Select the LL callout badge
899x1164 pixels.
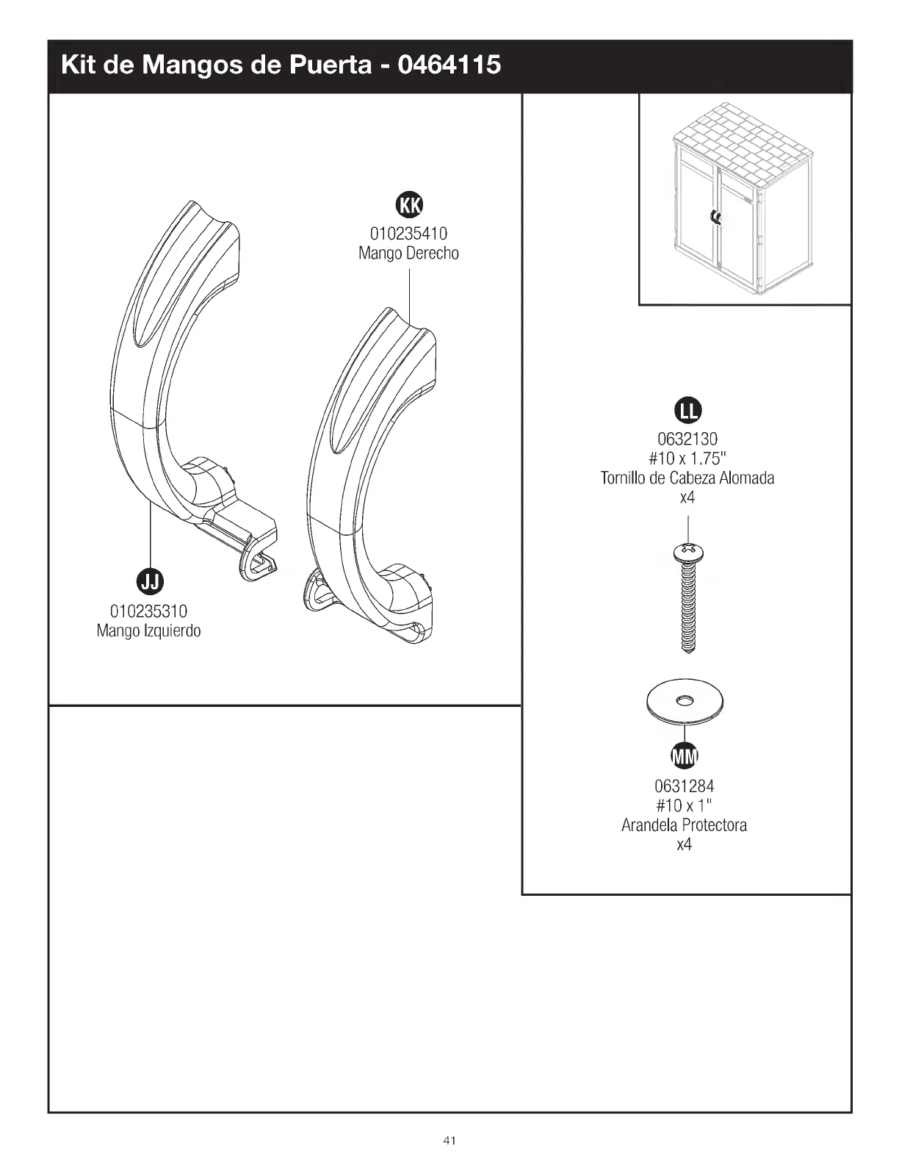click(687, 411)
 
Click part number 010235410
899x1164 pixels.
click(408, 234)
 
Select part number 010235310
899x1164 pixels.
click(149, 611)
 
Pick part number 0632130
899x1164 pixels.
click(687, 440)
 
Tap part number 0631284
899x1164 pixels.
click(684, 787)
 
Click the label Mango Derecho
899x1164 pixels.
click(408, 254)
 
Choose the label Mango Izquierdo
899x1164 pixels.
click(149, 630)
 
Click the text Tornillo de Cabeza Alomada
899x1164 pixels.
click(687, 478)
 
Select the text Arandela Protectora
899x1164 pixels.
click(684, 825)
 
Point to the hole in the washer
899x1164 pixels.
click(684, 701)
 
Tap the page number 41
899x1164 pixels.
click(450, 1140)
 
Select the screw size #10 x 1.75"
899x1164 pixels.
click(687, 459)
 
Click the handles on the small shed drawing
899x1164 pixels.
click(715, 217)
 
